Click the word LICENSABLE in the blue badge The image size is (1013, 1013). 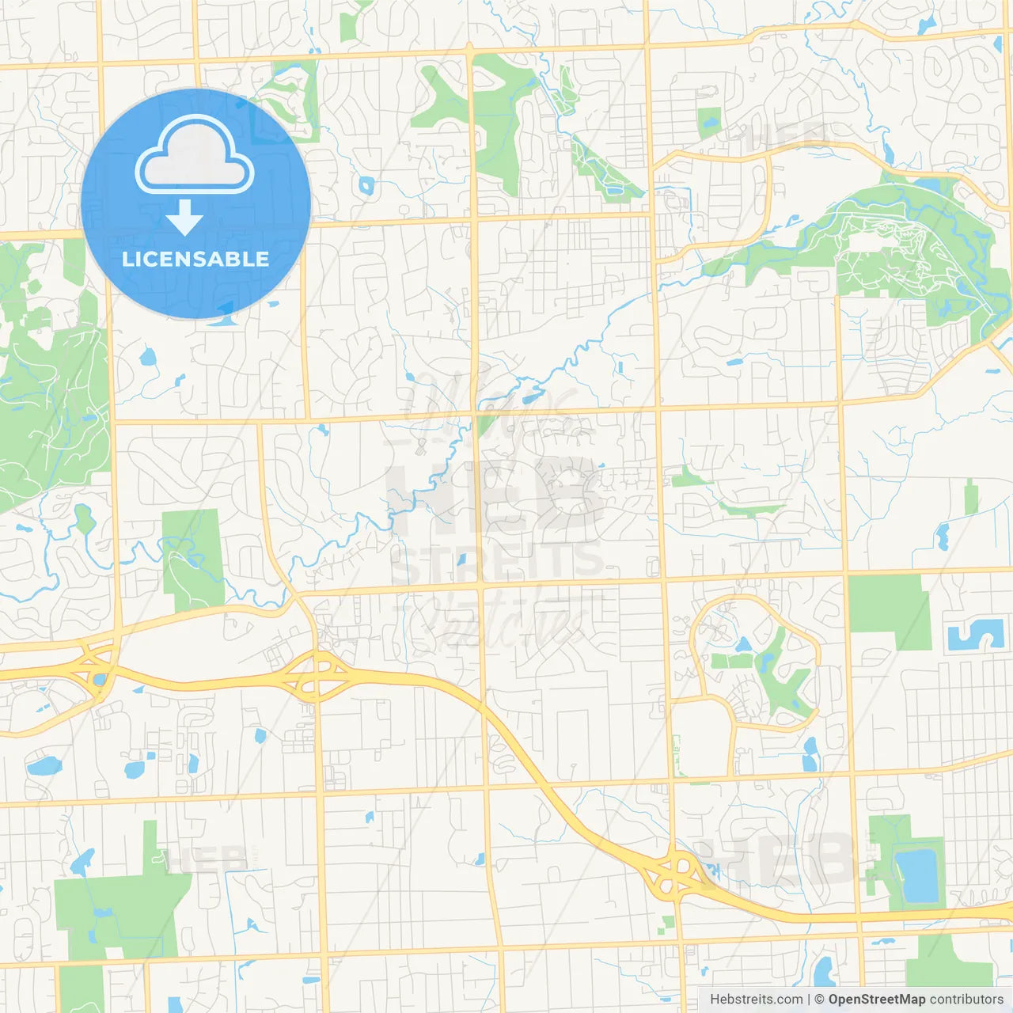[195, 259]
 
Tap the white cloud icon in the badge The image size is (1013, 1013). [195, 157]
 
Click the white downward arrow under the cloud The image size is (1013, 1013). [184, 218]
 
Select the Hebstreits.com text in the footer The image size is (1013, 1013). [756, 1000]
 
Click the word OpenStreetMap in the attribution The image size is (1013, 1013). [876, 1000]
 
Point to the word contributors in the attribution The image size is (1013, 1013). [966, 1000]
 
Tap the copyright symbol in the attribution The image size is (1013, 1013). [819, 1000]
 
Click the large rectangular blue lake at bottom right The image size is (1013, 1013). [918, 876]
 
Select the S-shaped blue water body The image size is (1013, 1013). [975, 635]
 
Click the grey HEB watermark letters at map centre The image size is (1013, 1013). [495, 495]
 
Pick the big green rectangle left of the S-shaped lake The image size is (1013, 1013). [888, 611]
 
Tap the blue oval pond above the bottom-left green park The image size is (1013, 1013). [44, 766]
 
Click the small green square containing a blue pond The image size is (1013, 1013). [708, 123]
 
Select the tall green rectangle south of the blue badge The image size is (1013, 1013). [193, 558]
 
